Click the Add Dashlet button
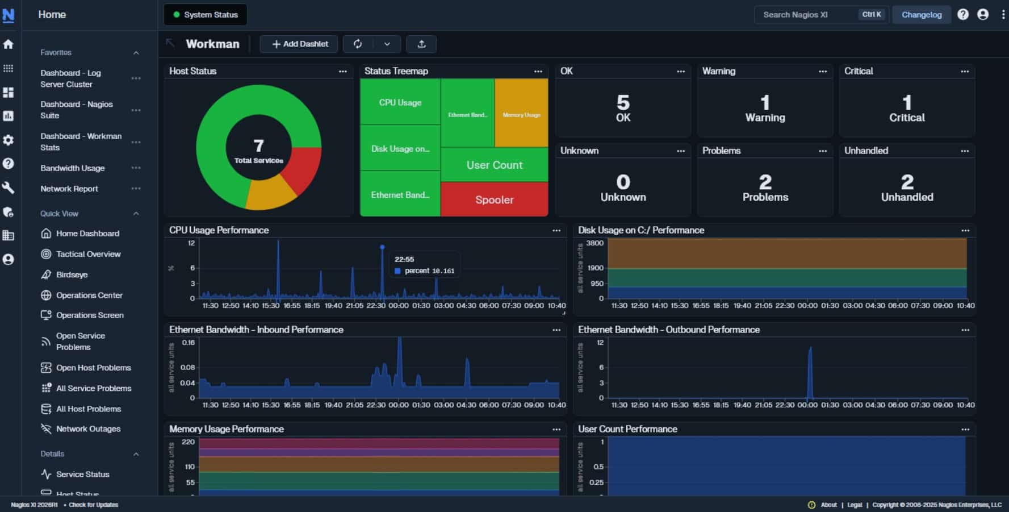pos(299,44)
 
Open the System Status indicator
pos(205,15)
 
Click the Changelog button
pos(921,15)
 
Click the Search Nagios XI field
pos(806,15)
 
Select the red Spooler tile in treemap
pos(494,199)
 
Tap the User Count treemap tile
pos(494,165)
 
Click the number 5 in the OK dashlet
pos(623,102)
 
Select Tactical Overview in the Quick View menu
pos(88,254)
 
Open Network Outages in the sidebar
pos(88,429)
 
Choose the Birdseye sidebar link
pos(72,274)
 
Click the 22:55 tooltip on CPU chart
pos(425,265)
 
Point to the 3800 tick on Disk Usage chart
pos(594,243)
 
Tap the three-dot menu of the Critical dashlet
pos(964,72)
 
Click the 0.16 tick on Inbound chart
pos(188,343)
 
